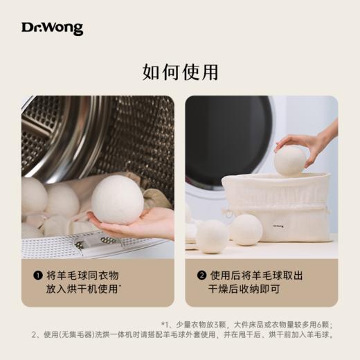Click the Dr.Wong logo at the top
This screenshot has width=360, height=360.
[52, 28]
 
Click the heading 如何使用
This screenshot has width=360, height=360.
[179, 72]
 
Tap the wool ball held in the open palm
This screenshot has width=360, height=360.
[117, 199]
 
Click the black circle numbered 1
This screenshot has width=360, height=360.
[37, 276]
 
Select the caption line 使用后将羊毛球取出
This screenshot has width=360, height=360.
[254, 276]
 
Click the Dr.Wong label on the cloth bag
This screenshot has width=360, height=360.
[277, 225]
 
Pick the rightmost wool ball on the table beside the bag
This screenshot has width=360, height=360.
[246, 230]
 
